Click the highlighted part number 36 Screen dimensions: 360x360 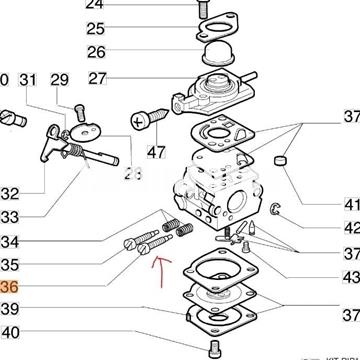9,287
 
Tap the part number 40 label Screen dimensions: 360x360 9,333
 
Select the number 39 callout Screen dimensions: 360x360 9,310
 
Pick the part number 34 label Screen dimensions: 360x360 9,241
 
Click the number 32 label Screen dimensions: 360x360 9,192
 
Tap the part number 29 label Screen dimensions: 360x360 59,80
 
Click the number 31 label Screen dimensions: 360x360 29,80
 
